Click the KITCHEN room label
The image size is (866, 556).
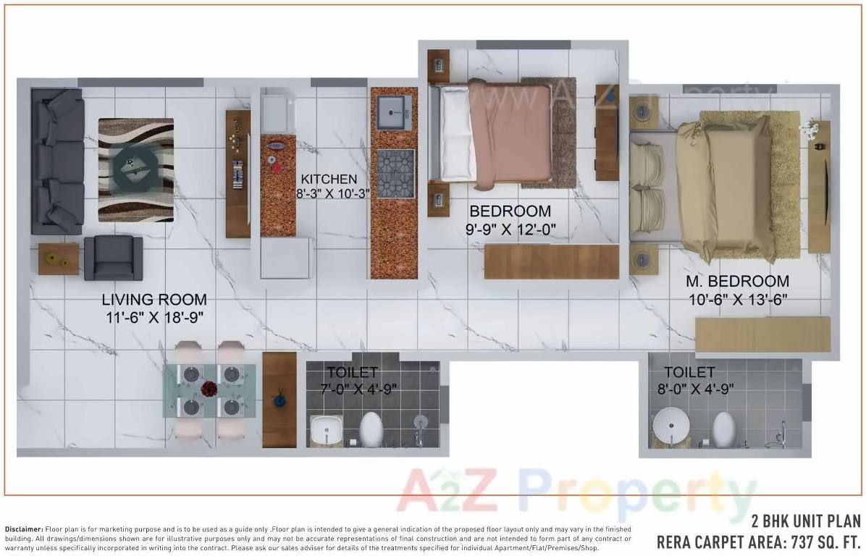pyautogui.click(x=329, y=180)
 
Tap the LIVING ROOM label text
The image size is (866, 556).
pyautogui.click(x=154, y=300)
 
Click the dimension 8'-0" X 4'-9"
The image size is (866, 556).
pyautogui.click(x=699, y=389)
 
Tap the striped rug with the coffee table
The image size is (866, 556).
pyautogui.click(x=136, y=170)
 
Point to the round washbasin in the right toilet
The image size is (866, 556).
pyautogui.click(x=670, y=426)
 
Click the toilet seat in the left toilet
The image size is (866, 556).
pyautogui.click(x=371, y=429)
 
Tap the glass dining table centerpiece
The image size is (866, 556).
pyautogui.click(x=210, y=390)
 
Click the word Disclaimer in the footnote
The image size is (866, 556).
pyautogui.click(x=24, y=530)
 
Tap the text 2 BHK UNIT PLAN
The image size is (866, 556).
pyautogui.click(x=806, y=522)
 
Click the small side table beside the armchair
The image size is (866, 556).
pyautogui.click(x=59, y=258)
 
